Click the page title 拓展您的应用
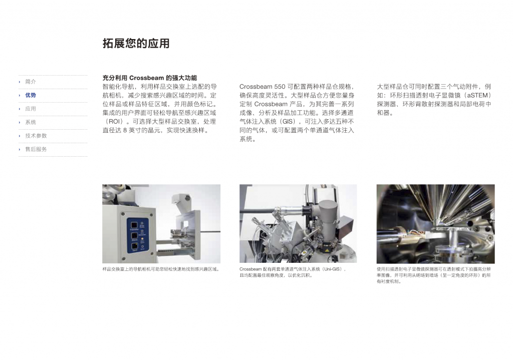tap(136, 43)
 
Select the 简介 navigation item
tap(31, 82)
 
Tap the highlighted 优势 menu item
tap(31, 95)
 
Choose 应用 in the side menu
tap(31, 109)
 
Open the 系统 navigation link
tap(31, 122)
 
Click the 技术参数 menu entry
tap(36, 136)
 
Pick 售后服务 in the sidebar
tap(36, 149)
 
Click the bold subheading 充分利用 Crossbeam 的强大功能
tap(150, 78)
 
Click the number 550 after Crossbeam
tap(280, 87)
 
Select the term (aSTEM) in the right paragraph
tap(476, 95)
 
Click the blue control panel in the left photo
tap(137, 235)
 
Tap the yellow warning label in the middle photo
tap(327, 249)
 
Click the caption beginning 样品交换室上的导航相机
tap(161, 269)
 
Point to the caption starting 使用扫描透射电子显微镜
tap(433, 275)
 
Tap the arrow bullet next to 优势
tap(20, 96)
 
